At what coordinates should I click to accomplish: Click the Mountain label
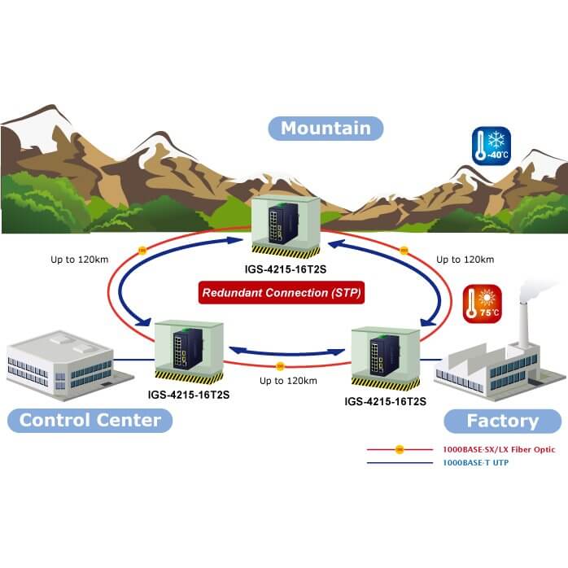pos(326,128)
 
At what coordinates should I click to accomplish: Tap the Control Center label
pos(90,420)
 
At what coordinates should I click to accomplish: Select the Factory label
pos(502,421)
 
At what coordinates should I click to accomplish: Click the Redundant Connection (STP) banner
pos(282,291)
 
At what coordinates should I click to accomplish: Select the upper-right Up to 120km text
pos(465,260)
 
